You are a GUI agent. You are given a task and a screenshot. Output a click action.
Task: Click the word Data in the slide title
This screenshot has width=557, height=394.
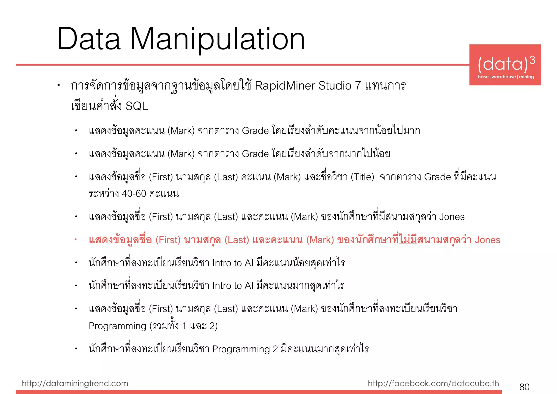(89, 39)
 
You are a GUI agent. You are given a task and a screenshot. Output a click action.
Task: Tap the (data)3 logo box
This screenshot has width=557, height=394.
(505, 65)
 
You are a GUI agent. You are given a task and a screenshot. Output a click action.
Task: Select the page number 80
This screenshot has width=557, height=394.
(524, 387)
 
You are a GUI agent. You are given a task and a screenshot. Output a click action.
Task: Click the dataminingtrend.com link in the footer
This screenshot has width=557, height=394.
(75, 383)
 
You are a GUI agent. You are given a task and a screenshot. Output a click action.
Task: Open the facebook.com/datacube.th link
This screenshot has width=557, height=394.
(433, 383)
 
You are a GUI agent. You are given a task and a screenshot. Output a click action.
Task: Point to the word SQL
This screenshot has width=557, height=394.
(137, 106)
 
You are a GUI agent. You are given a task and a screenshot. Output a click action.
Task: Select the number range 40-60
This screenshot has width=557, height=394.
(134, 194)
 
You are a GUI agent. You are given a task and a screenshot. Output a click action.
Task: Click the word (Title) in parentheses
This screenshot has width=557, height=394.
(362, 177)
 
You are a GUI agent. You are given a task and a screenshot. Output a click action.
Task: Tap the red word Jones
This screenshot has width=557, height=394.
(487, 240)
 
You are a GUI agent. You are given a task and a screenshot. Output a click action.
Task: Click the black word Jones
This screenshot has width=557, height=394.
(452, 217)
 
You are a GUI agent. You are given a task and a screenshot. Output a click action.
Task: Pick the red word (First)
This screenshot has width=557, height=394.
(168, 240)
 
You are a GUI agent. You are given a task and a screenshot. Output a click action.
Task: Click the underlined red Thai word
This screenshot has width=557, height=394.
(408, 240)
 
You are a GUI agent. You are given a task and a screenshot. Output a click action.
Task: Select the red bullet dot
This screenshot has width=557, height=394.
(76, 240)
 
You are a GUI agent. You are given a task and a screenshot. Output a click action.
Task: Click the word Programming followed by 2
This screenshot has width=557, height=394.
(241, 349)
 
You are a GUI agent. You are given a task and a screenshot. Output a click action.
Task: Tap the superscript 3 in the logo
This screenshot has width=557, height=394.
(532, 60)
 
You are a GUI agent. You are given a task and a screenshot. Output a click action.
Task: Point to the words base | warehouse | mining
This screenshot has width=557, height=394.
(505, 77)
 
